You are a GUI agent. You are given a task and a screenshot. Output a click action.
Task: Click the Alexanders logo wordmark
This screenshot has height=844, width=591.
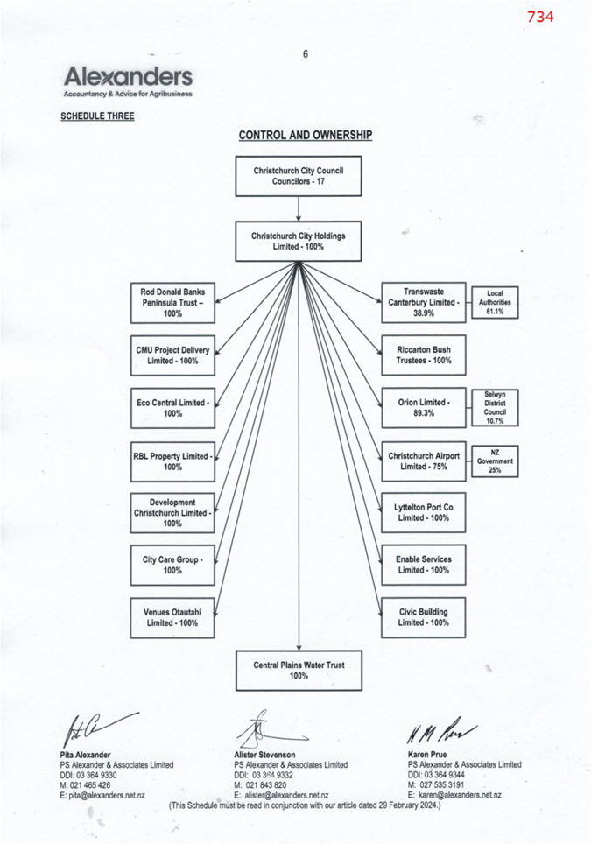[x=128, y=77]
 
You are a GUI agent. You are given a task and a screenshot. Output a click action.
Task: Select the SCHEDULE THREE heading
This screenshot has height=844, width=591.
[x=97, y=116]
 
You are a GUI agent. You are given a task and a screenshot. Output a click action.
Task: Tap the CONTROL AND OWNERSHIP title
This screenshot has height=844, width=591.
[x=306, y=135]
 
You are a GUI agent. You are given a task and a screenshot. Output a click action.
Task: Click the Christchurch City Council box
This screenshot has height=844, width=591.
[x=299, y=176]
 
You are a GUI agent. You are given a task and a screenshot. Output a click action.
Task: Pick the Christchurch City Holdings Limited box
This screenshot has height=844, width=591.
[x=299, y=241]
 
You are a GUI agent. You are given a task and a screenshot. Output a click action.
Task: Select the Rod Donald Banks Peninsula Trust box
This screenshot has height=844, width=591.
[x=172, y=303]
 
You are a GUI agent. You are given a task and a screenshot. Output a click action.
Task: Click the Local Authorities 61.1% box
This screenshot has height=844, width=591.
[x=495, y=303]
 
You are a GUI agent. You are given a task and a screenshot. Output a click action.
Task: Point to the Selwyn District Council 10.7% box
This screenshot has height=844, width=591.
[x=495, y=407]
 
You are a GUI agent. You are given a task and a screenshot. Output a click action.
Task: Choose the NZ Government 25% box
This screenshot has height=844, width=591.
[x=495, y=461]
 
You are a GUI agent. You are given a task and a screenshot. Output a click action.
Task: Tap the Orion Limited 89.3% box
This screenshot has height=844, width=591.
[x=424, y=407]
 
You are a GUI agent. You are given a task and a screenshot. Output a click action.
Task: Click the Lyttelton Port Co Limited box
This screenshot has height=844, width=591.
[x=424, y=512]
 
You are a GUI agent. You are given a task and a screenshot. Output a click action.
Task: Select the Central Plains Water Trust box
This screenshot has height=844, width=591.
[x=299, y=670]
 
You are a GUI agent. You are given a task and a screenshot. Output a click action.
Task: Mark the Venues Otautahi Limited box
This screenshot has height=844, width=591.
[x=172, y=617]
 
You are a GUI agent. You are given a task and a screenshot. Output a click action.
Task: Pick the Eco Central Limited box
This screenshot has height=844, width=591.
[x=172, y=408]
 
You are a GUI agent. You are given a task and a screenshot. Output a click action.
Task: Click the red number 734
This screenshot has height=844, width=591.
[x=540, y=17]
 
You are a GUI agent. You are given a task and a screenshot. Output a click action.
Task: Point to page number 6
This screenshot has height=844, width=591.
[x=306, y=53]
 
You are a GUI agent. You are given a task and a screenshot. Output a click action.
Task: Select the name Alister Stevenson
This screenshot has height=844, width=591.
[x=264, y=755]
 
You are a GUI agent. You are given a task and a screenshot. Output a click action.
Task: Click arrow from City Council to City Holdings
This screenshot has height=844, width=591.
[x=299, y=209]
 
